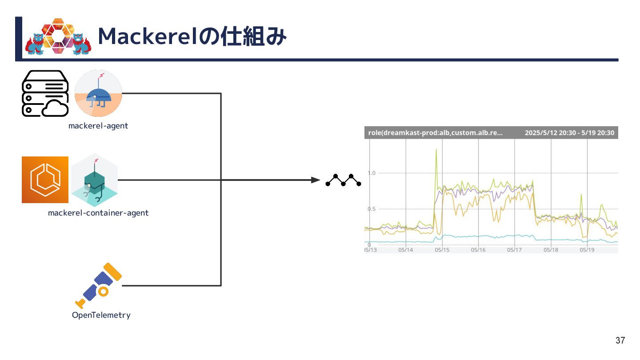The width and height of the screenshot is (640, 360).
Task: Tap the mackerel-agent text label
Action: point(98,126)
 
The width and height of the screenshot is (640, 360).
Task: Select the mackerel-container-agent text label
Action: point(98,213)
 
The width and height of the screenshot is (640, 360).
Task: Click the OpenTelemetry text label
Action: point(101,315)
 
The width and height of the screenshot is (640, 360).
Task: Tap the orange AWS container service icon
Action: point(45,180)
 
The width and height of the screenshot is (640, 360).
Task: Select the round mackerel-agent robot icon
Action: point(98,93)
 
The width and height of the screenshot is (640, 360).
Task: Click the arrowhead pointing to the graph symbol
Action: point(316,180)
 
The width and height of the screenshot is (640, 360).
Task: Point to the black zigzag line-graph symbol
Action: point(343,180)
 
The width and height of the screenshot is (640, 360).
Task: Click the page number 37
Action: point(620,341)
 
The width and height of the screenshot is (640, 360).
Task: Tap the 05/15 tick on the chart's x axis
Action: point(442,250)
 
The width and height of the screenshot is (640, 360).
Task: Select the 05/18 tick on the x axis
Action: point(551,250)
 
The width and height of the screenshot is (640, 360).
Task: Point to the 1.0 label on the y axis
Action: point(372,173)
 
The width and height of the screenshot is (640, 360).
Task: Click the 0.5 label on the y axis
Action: point(372,209)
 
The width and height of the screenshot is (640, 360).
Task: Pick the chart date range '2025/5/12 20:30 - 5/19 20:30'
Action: point(569,132)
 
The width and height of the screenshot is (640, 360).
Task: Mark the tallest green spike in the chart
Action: point(436,150)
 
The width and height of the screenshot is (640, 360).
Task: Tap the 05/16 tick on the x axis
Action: point(478,250)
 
